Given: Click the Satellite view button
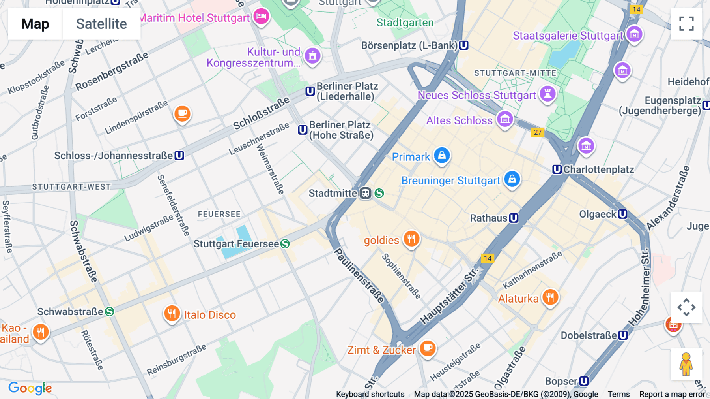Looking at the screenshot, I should (101, 24).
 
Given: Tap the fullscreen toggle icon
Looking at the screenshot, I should (686, 24).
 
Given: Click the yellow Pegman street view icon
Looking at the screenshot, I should (686, 364).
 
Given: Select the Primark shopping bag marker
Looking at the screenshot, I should (442, 155).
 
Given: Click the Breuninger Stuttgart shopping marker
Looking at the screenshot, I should (512, 179).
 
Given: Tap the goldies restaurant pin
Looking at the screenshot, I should (411, 239).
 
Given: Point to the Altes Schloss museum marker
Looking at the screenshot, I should (505, 119).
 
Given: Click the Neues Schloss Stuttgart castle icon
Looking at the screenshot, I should (547, 94).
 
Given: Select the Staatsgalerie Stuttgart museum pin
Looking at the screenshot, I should (634, 34).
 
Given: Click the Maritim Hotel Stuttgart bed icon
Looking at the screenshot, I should (261, 17).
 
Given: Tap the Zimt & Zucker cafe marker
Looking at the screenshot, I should (427, 348).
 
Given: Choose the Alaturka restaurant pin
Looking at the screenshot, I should (550, 297).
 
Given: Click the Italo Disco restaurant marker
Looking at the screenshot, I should (172, 314).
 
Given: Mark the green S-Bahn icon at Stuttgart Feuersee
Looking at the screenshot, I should (285, 244).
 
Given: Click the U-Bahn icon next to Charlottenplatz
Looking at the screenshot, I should (557, 169).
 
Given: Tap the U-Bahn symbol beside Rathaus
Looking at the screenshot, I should (514, 218).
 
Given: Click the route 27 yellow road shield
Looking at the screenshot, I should (538, 132).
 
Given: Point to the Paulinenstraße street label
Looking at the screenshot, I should (359, 275).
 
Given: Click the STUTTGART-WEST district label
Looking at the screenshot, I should (71, 187).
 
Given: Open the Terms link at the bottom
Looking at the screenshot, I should (618, 394).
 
